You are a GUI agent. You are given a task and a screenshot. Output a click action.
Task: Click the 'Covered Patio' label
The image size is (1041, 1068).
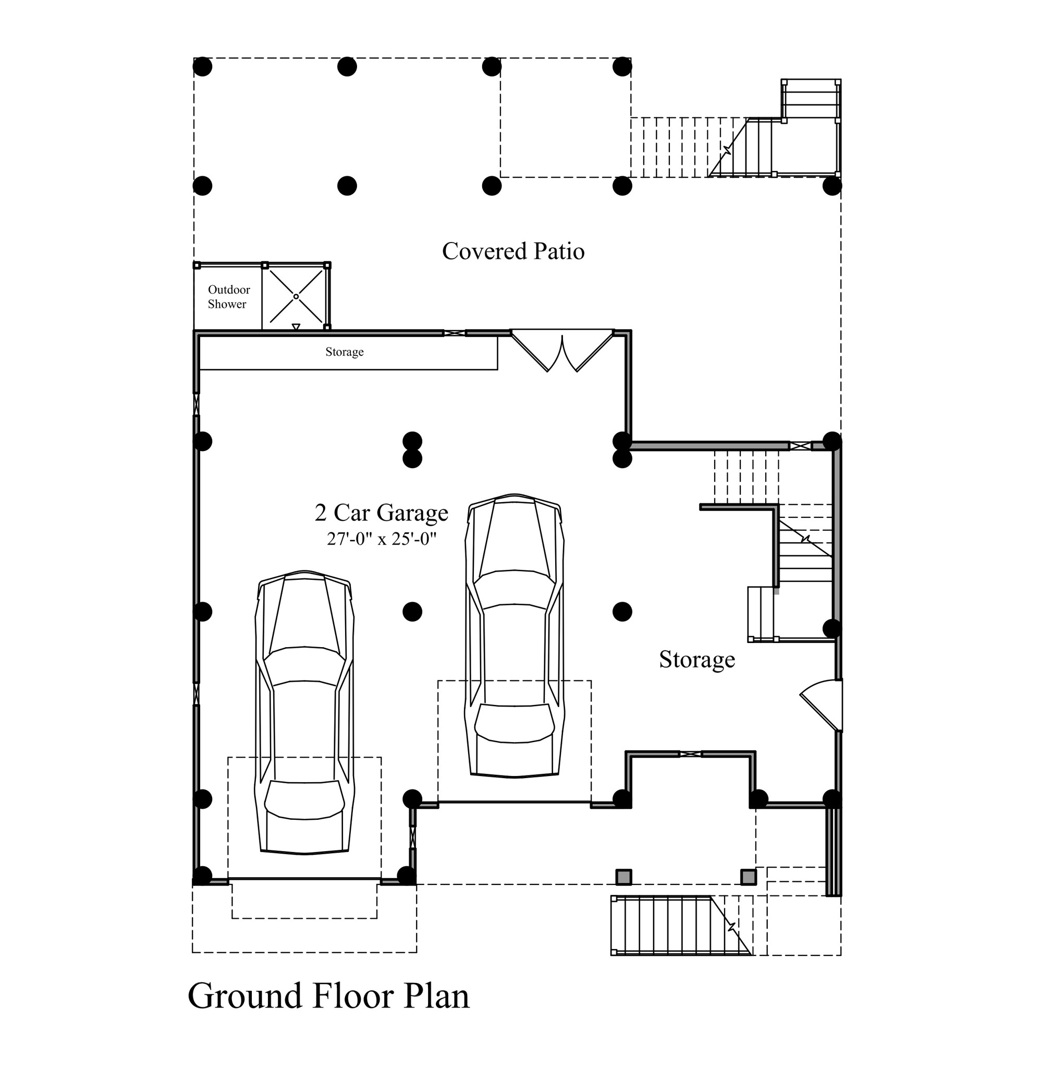pyautogui.click(x=513, y=251)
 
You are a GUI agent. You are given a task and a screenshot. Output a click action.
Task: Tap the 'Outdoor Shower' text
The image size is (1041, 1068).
pyautogui.click(x=228, y=297)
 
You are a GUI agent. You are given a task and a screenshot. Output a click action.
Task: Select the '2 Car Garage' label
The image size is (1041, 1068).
pyautogui.click(x=381, y=513)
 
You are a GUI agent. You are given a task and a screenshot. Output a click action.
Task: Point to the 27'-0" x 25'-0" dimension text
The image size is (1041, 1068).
pyautogui.click(x=381, y=539)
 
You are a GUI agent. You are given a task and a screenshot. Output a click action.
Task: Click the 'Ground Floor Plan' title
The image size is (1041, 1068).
pyautogui.click(x=328, y=996)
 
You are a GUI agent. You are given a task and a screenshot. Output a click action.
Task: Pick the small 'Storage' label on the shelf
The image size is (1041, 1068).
pyautogui.click(x=345, y=351)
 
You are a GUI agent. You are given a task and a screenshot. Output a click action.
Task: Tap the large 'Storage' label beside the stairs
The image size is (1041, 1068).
pyautogui.click(x=696, y=660)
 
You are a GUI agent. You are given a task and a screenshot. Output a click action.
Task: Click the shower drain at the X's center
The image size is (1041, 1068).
pyautogui.click(x=296, y=296)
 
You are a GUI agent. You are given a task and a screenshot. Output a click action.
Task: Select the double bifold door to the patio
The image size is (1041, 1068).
pyautogui.click(x=562, y=350)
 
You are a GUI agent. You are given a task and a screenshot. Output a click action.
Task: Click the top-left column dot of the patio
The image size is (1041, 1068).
pyautogui.click(x=202, y=67)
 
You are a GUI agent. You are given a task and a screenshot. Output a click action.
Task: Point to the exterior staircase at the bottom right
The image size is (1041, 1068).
pyautogui.click(x=681, y=925)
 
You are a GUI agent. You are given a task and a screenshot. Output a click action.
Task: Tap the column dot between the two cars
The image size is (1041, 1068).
pyautogui.click(x=412, y=611)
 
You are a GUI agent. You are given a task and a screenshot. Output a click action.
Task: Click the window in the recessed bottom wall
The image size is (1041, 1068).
pyautogui.click(x=690, y=754)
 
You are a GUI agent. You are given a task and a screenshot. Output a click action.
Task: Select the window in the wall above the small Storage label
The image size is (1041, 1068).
pyautogui.click(x=455, y=333)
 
